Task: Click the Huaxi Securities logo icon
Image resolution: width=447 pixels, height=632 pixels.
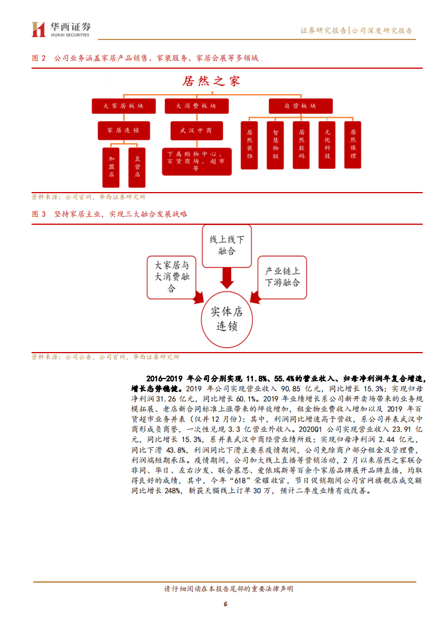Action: click(x=38, y=29)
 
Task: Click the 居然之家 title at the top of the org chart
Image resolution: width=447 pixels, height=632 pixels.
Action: click(x=211, y=81)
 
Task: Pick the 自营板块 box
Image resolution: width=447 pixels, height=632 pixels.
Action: click(x=300, y=105)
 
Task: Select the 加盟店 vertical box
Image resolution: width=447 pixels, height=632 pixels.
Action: click(x=112, y=167)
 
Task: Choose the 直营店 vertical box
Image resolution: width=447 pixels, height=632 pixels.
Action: click(x=137, y=167)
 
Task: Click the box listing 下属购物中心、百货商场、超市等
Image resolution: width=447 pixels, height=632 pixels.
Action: click(x=196, y=161)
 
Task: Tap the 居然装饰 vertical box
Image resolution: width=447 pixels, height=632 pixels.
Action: click(x=250, y=144)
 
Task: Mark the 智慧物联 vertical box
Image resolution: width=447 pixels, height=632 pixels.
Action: click(x=276, y=144)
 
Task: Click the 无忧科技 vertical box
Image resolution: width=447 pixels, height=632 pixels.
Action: click(x=327, y=144)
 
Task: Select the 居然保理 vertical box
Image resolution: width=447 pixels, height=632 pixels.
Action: click(x=353, y=144)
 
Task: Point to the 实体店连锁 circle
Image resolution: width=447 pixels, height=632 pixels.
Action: click(x=226, y=318)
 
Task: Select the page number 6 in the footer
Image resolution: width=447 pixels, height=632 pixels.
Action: click(x=225, y=604)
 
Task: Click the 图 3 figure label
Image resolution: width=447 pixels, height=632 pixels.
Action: click(x=39, y=214)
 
